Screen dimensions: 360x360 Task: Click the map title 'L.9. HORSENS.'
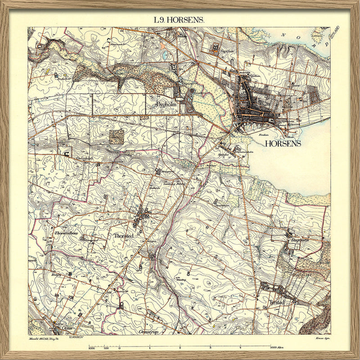click(179, 20)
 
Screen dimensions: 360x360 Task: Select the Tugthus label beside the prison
click(225, 52)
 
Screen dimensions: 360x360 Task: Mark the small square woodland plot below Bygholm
click(117, 136)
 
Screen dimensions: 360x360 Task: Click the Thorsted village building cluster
click(144, 216)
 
